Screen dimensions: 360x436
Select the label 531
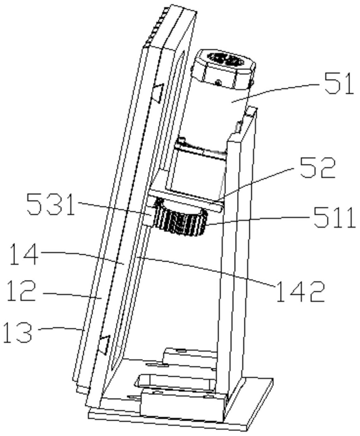pyautogui.click(x=51, y=205)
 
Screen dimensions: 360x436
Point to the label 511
pyautogui.click(x=334, y=218)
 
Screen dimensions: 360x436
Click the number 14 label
pyautogui.click(x=24, y=254)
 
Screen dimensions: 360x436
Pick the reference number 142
pyautogui.click(x=300, y=291)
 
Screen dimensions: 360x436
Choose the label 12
pyautogui.click(x=21, y=291)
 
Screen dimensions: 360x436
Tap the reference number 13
pyautogui.click(x=17, y=332)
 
